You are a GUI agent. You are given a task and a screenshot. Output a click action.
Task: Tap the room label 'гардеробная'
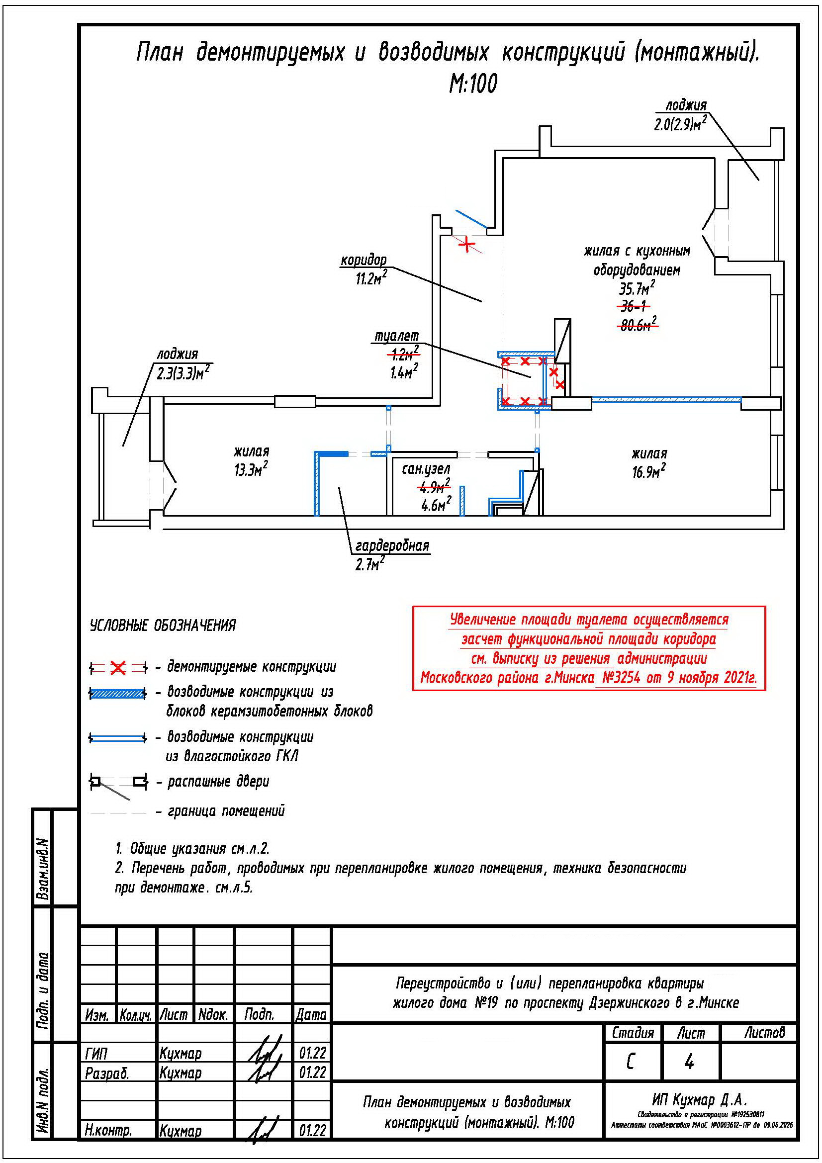point(392,546)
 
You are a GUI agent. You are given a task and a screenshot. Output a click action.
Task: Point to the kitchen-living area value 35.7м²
point(636,288)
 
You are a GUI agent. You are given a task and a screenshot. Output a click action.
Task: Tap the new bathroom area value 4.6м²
point(436,505)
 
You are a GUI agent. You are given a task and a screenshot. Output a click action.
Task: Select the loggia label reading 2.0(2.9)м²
point(680,124)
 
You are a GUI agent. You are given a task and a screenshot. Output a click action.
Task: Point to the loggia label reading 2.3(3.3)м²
point(183,374)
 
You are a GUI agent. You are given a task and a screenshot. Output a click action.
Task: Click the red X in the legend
point(118,668)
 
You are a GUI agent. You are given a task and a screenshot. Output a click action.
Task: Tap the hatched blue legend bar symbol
point(117,694)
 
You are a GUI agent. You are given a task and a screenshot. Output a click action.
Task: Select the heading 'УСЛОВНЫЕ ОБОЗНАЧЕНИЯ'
point(163,626)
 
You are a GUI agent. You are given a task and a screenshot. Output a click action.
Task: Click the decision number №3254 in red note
point(621,678)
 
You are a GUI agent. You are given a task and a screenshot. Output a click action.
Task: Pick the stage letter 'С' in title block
point(630,1062)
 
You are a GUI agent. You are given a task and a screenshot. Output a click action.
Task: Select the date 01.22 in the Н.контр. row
point(312,1130)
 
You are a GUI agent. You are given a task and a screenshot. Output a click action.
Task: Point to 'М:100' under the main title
point(473,84)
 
